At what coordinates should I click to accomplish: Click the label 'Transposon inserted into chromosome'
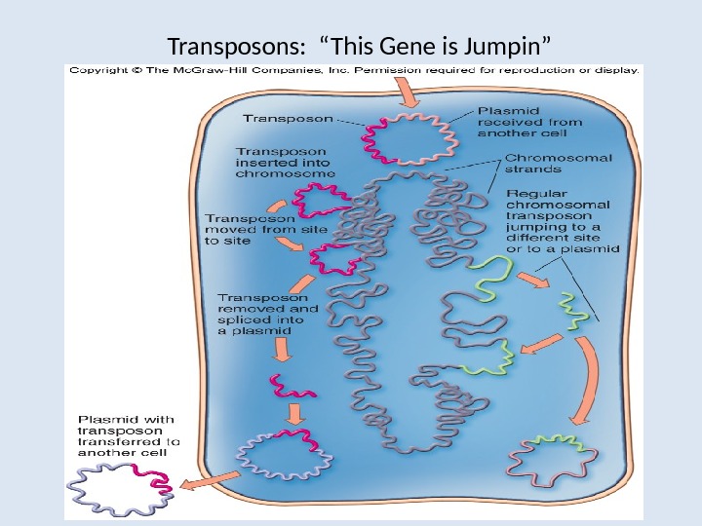pyautogui.click(x=286, y=162)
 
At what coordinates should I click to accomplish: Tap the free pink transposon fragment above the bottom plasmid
pyautogui.click(x=293, y=390)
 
